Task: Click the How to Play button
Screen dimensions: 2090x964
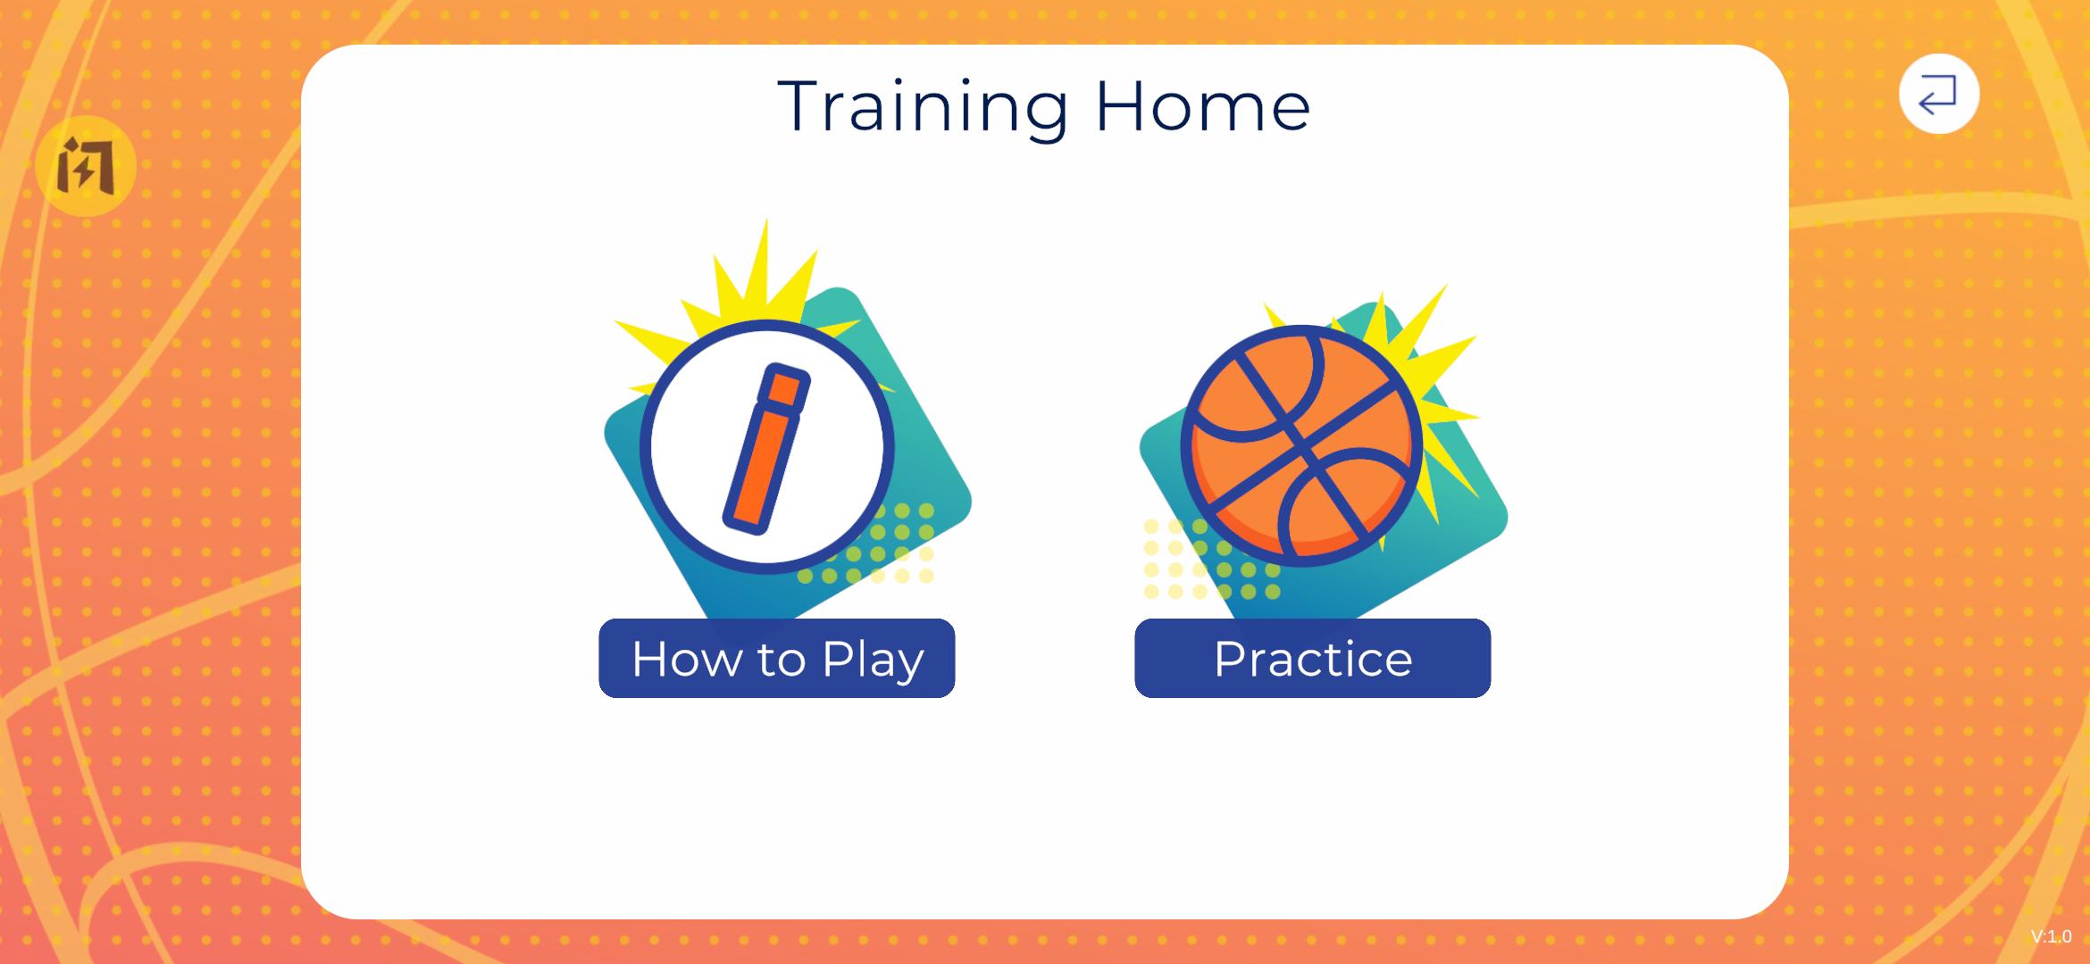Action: click(776, 658)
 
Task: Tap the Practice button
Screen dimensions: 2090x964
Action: click(1312, 658)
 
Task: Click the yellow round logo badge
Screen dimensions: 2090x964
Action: click(86, 166)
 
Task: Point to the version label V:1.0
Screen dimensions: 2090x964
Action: click(2051, 936)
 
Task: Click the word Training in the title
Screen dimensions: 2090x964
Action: click(923, 108)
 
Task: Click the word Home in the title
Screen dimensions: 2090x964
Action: click(1203, 106)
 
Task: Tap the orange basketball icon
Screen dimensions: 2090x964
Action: click(1301, 446)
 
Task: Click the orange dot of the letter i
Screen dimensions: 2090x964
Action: click(784, 387)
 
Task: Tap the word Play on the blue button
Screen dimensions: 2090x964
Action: click(873, 661)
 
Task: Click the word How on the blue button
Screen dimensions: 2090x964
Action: click(687, 659)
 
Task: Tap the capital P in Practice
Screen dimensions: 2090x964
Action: click(1232, 659)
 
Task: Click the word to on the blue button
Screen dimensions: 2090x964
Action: click(782, 661)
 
